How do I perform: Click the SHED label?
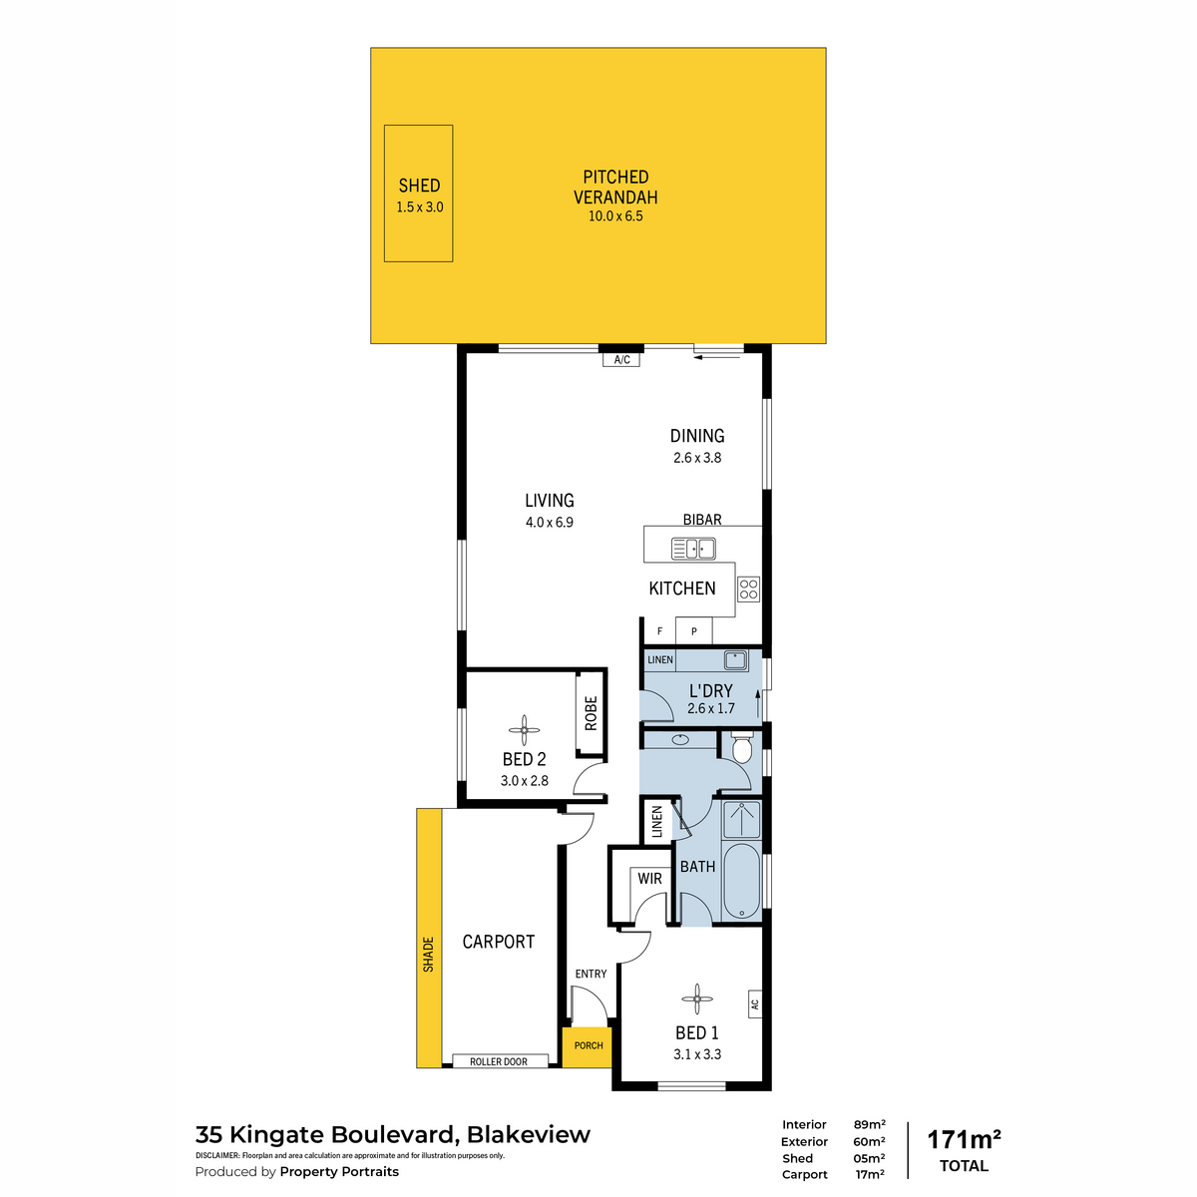(x=419, y=186)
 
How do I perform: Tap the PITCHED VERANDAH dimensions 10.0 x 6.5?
(x=615, y=216)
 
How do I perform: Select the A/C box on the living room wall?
(x=621, y=359)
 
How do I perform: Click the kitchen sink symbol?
(x=693, y=549)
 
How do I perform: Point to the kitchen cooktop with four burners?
(x=748, y=589)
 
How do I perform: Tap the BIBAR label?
(x=702, y=520)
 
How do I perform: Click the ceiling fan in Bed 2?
(x=524, y=730)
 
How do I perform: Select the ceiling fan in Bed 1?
(x=696, y=998)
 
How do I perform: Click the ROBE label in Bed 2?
(x=591, y=713)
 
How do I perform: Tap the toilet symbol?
(x=742, y=748)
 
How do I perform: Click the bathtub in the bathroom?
(x=742, y=881)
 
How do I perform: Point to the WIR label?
(x=649, y=879)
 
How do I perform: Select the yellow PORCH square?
(x=587, y=1047)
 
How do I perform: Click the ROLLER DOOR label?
(x=498, y=1061)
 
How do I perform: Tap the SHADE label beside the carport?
(x=428, y=955)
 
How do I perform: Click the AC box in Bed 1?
(x=755, y=1003)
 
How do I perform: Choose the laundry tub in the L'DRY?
(x=735, y=659)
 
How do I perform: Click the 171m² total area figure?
(x=964, y=1140)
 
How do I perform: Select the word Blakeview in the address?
(x=528, y=1134)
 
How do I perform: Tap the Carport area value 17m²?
(x=870, y=1174)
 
